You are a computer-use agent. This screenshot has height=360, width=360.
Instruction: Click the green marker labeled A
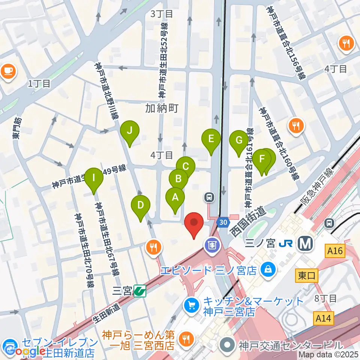point(175,197)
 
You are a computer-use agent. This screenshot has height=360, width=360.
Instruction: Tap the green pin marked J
point(130,131)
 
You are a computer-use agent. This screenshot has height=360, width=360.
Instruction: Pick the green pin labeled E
point(211,139)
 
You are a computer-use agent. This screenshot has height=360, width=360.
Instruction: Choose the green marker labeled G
point(238,141)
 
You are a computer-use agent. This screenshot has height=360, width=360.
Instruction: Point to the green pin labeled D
point(141,205)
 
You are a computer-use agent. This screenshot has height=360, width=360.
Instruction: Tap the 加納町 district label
point(162,109)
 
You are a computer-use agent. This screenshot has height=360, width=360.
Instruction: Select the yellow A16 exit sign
point(334,250)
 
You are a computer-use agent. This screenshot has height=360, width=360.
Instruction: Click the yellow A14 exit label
point(323,318)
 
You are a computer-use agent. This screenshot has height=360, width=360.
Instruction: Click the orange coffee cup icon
point(9,71)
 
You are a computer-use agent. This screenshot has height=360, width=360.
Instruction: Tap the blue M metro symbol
point(305,244)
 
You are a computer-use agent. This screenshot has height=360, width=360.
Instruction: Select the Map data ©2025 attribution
point(328,354)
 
